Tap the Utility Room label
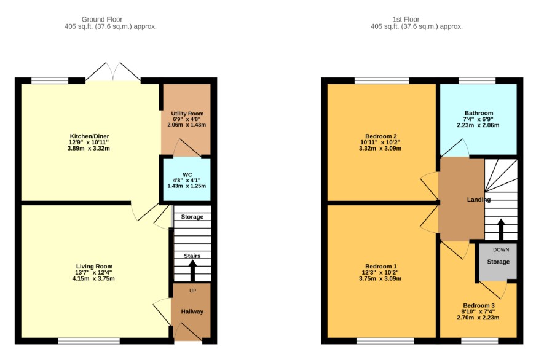(x=187, y=114)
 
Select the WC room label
(x=187, y=175)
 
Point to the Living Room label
(x=94, y=267)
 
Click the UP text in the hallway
(x=192, y=291)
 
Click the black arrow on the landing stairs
(x=501, y=230)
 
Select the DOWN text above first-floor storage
(x=501, y=249)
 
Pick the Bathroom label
(x=479, y=113)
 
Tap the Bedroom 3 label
(x=479, y=305)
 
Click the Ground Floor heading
(x=102, y=20)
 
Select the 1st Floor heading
(x=406, y=20)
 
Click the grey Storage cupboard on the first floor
(x=498, y=261)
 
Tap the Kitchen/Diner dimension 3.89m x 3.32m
(x=89, y=149)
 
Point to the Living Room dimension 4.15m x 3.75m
(x=91, y=279)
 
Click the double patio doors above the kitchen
(x=113, y=72)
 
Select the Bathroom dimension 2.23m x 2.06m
(x=478, y=125)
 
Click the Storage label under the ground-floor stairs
(x=192, y=217)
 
